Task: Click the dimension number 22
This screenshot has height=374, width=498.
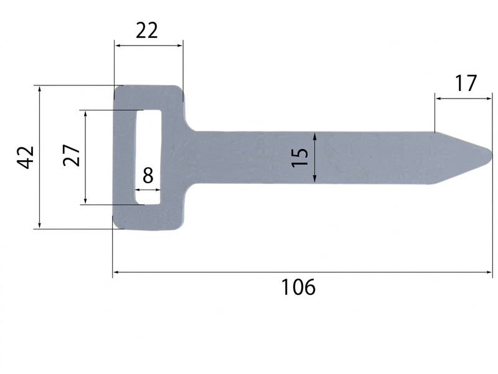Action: [x=146, y=31]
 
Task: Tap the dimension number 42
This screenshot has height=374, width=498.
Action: [x=26, y=157]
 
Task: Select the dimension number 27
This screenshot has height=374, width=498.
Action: [x=71, y=155]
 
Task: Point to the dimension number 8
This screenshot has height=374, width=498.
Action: [x=148, y=175]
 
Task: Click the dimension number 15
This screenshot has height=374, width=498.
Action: [x=300, y=157]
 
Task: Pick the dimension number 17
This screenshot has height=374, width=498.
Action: [x=466, y=84]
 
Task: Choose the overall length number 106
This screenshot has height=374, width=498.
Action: [x=299, y=287]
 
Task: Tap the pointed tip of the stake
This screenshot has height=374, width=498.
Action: [x=492, y=154]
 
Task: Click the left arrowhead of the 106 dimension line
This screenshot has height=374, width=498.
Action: [x=116, y=272]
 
